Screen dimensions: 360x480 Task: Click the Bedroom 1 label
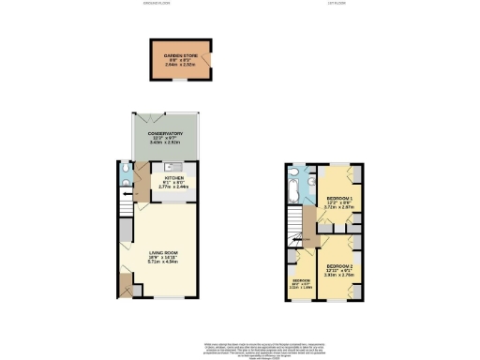339,199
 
